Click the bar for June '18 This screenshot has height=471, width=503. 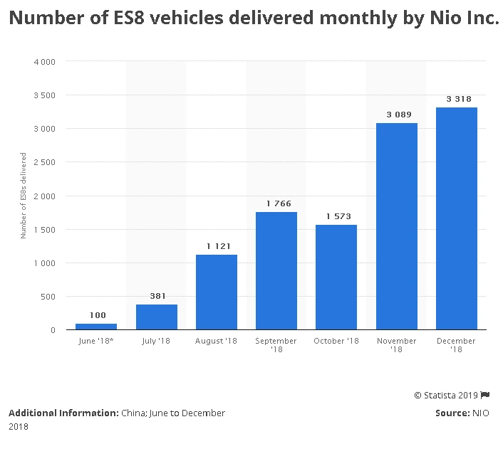(x=96, y=327)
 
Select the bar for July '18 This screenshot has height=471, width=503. (x=156, y=317)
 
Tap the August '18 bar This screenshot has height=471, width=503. (x=216, y=292)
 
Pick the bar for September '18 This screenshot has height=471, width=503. (x=276, y=271)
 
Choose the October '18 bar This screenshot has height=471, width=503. (x=336, y=277)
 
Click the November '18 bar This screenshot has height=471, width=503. (x=396, y=226)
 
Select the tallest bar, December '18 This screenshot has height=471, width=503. (x=457, y=218)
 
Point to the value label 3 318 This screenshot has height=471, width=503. (x=459, y=99)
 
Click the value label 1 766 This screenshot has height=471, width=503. (x=279, y=203)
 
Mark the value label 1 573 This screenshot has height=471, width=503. (x=338, y=216)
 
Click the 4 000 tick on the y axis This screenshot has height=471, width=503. (x=45, y=62)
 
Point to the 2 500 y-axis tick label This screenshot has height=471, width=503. (x=45, y=162)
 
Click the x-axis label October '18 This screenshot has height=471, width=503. (x=336, y=342)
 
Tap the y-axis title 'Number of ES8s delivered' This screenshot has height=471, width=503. (x=24, y=196)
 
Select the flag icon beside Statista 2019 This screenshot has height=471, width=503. (x=485, y=395)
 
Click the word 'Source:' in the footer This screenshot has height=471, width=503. (x=452, y=413)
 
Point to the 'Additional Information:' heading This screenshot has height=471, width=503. (x=63, y=413)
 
